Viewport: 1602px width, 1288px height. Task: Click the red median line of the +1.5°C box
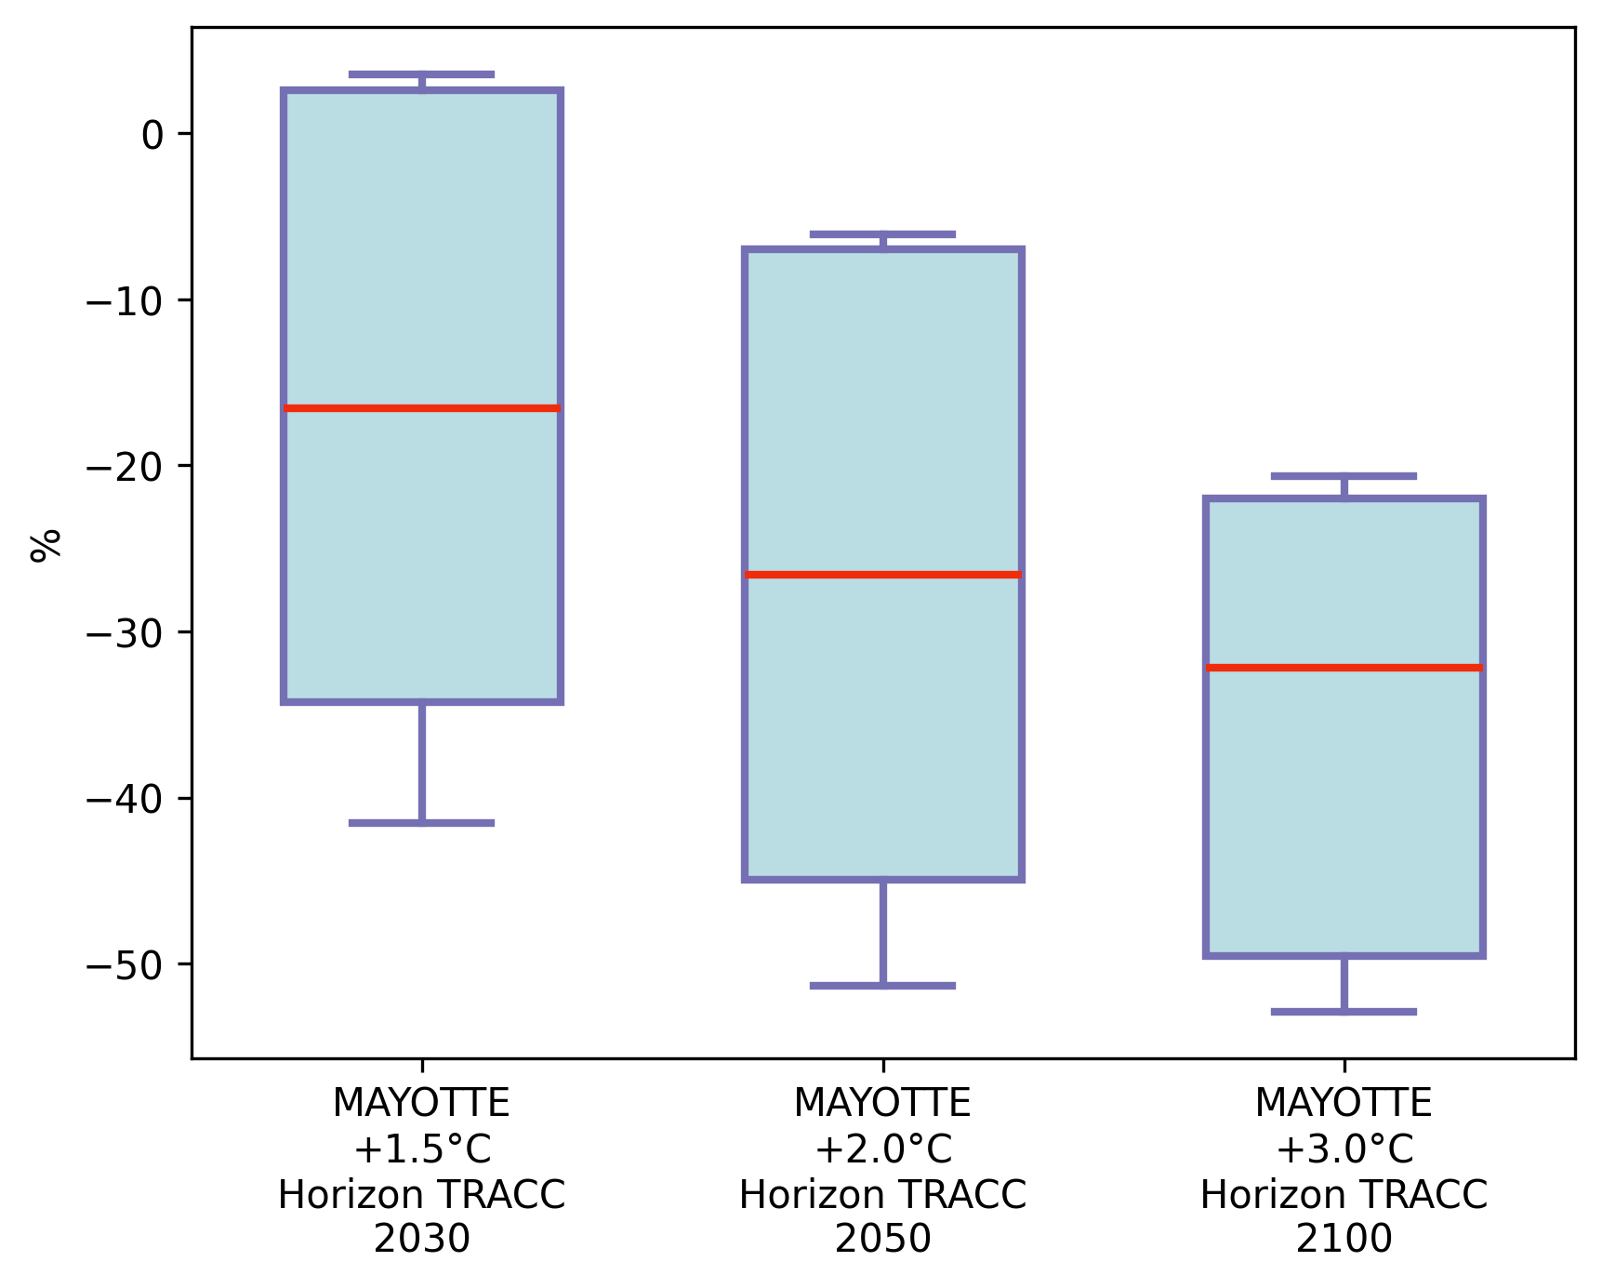[422, 408]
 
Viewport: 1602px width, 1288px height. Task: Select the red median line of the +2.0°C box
[882, 575]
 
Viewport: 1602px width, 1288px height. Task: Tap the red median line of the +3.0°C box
[1344, 668]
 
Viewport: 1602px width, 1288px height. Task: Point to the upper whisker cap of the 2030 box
[422, 74]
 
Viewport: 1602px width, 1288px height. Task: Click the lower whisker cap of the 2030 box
[422, 823]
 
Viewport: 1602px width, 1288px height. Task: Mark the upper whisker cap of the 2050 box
[882, 234]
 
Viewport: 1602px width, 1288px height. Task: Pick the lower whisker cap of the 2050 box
[882, 986]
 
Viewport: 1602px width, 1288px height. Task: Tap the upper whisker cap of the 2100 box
[1344, 476]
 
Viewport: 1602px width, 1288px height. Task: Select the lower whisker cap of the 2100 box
[1344, 1012]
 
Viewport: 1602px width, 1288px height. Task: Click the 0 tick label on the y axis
[152, 136]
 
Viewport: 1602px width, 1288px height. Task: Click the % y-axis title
[45, 545]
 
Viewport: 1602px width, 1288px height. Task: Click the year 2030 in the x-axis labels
[422, 1240]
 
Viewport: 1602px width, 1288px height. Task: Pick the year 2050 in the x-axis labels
[882, 1240]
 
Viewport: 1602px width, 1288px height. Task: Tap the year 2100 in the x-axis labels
[1344, 1240]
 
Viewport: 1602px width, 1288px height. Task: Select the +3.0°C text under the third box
[1344, 1149]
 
